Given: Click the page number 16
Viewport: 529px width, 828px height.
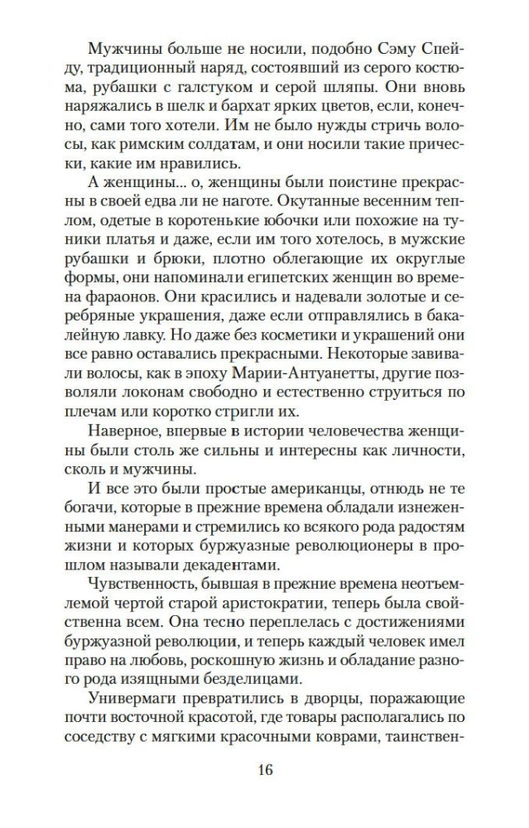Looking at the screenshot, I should click(264, 769).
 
